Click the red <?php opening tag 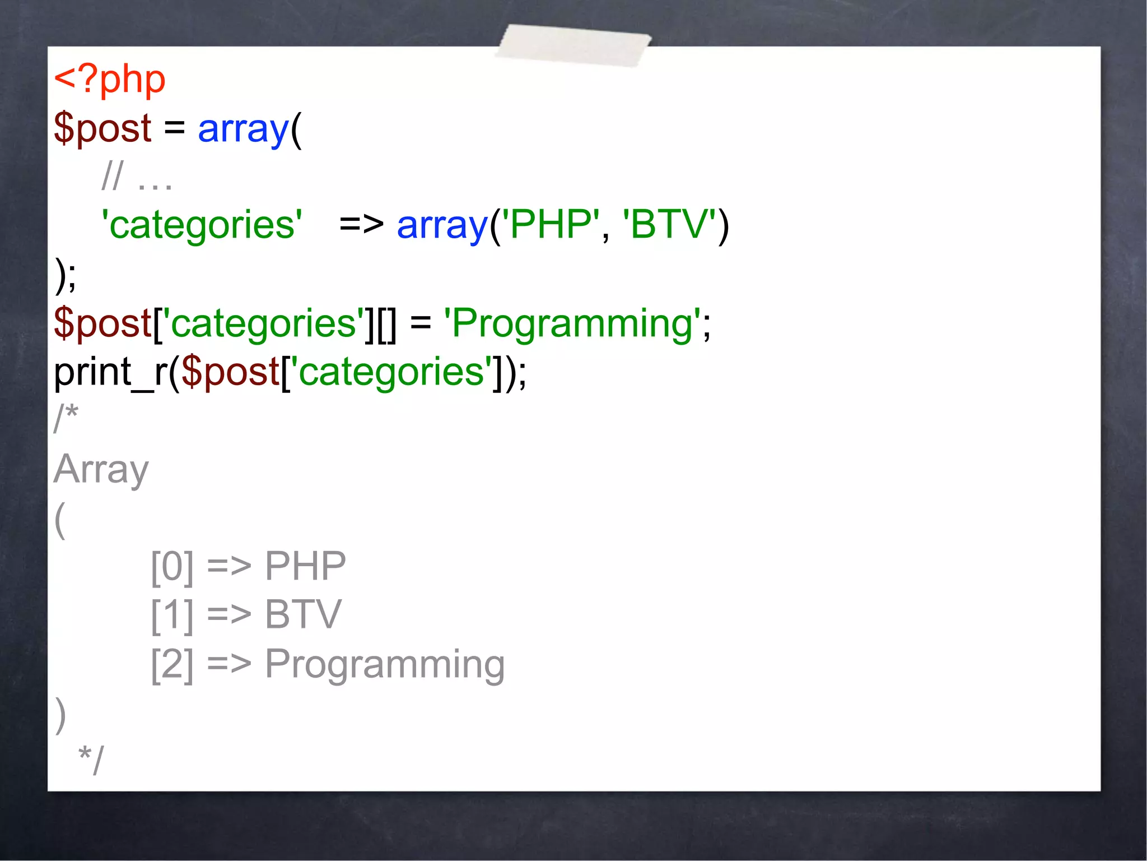coord(110,80)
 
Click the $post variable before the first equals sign coord(102,128)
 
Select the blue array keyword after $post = coord(243,129)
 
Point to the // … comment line coord(137,177)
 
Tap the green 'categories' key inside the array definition coord(202,225)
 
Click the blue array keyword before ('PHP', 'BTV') coord(442,225)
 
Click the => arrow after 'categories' coord(361,224)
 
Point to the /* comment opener coord(66,418)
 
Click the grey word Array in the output coord(101,470)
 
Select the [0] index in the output coord(172,567)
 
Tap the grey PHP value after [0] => coord(305,566)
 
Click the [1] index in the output coord(172,615)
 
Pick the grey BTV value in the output coord(303,615)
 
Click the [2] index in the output coord(172,665)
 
